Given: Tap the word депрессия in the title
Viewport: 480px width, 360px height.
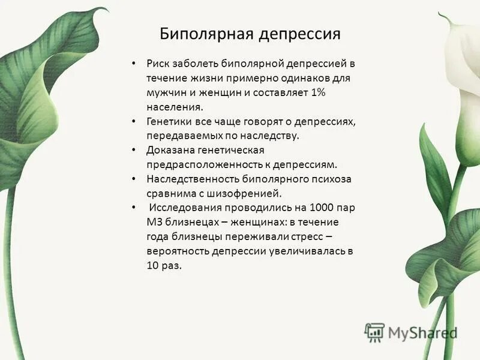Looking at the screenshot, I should [x=299, y=34].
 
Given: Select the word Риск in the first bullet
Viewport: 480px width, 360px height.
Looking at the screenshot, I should [x=158, y=64].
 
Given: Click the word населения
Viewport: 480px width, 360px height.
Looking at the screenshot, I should [x=175, y=107].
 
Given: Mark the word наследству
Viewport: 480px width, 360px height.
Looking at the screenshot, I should [x=271, y=136].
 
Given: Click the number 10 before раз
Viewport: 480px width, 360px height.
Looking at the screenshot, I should [x=153, y=265].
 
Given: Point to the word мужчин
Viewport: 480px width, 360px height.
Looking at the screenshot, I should [x=167, y=92].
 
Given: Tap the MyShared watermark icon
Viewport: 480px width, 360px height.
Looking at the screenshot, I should [x=374, y=331].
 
